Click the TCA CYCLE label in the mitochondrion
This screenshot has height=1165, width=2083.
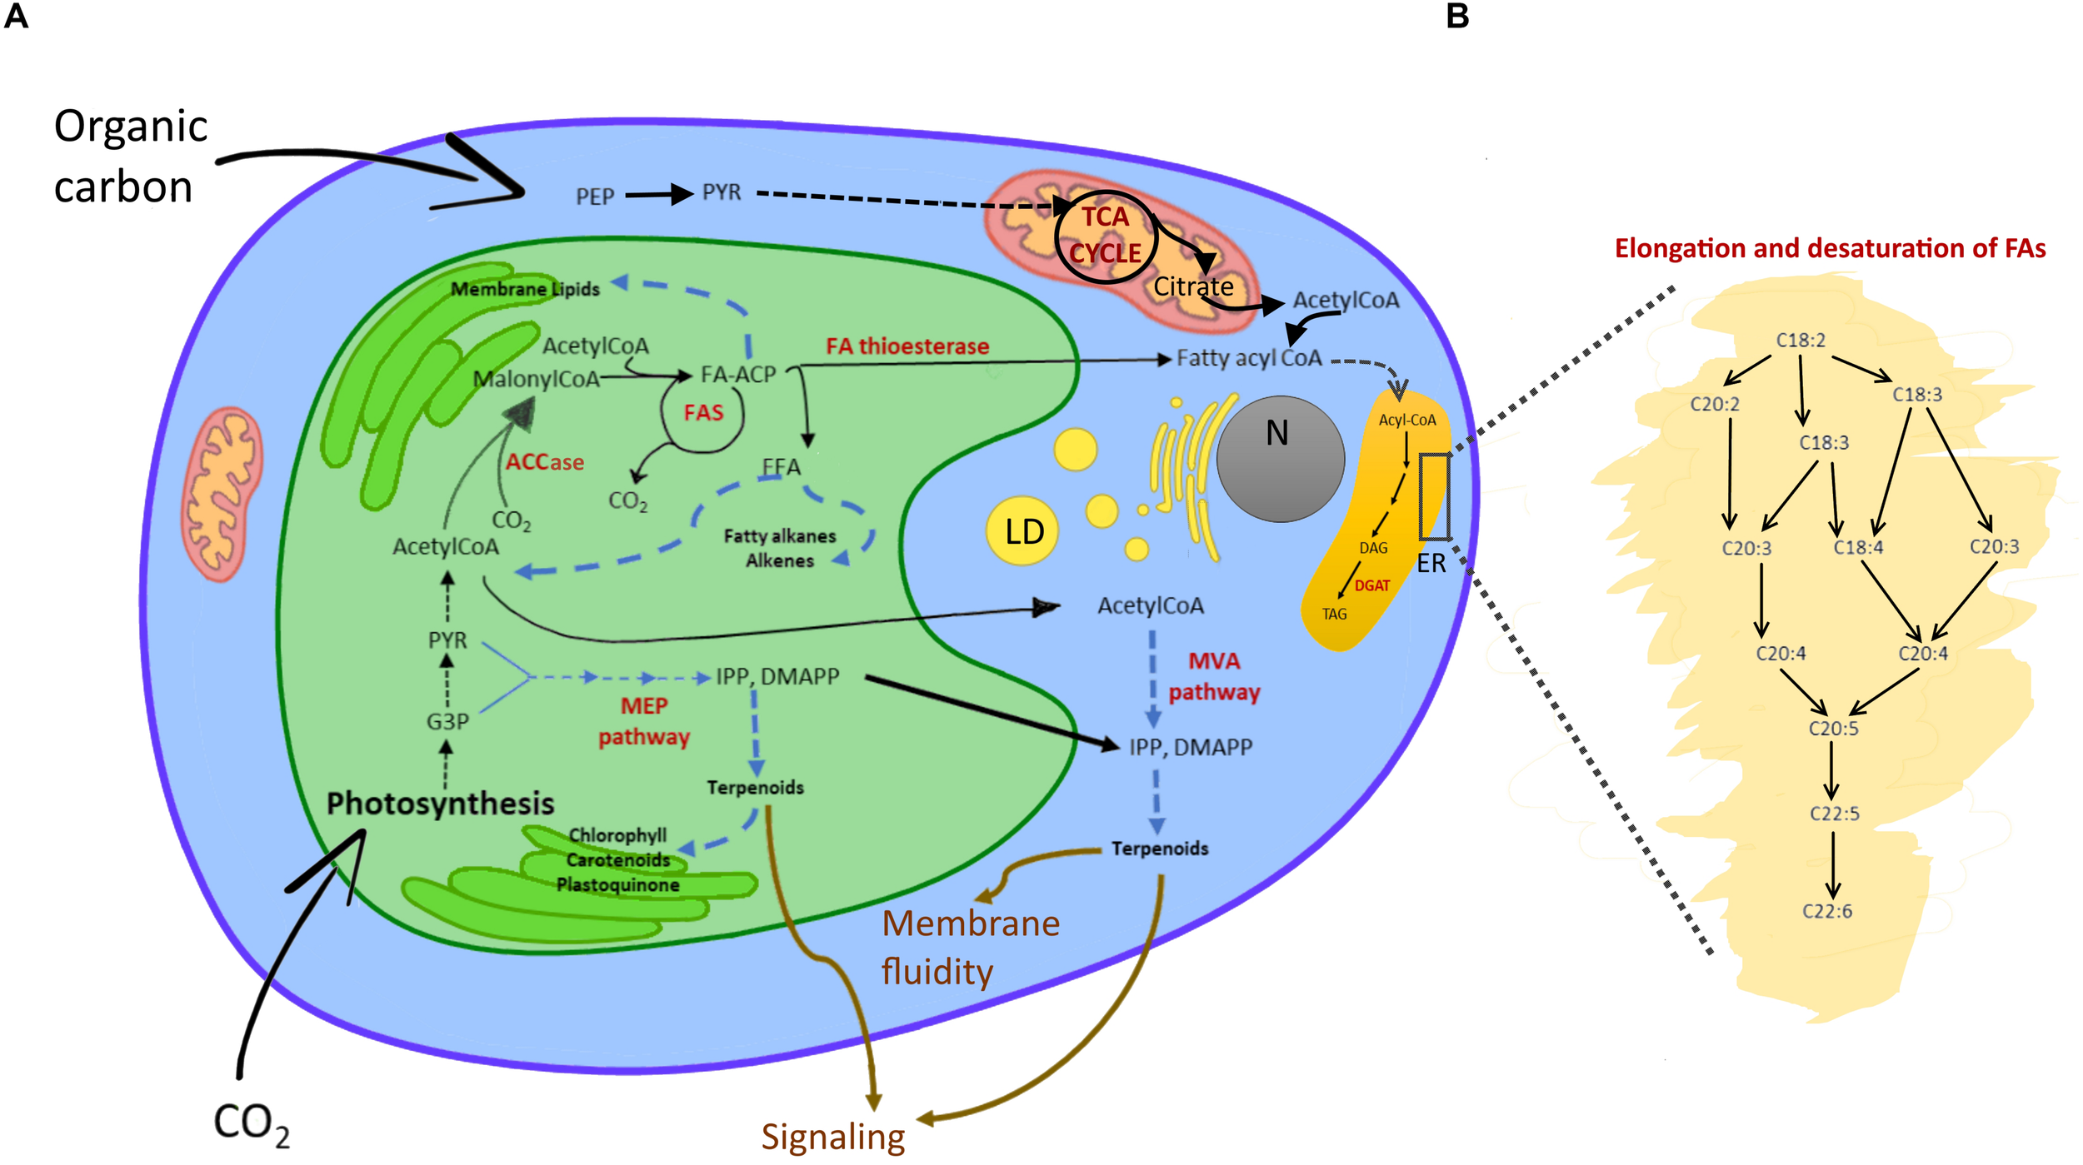tap(1105, 235)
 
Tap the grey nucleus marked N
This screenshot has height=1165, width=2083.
tap(1280, 459)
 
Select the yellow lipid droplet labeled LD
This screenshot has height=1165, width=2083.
tap(1022, 531)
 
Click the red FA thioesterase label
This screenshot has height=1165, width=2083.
tap(907, 346)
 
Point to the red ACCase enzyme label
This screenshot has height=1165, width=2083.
tap(545, 462)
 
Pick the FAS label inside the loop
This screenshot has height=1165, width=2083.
tap(703, 413)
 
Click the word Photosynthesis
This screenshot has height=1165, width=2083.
tap(440, 804)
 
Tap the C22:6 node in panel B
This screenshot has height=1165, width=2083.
tap(1827, 911)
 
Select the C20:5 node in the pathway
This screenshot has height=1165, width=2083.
tap(1833, 729)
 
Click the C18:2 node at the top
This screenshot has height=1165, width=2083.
tap(1801, 341)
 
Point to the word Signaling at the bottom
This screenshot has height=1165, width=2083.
tap(832, 1137)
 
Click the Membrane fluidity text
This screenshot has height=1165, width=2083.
tap(970, 948)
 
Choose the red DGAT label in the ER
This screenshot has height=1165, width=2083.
tap(1371, 585)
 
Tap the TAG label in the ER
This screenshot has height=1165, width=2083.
tap(1334, 614)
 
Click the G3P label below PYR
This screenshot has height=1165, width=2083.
tap(447, 721)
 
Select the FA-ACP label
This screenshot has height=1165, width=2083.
tap(738, 375)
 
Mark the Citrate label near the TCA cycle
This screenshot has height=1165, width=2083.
tap(1193, 286)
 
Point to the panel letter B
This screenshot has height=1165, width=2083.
tap(1457, 17)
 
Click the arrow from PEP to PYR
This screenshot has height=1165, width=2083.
tap(658, 195)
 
